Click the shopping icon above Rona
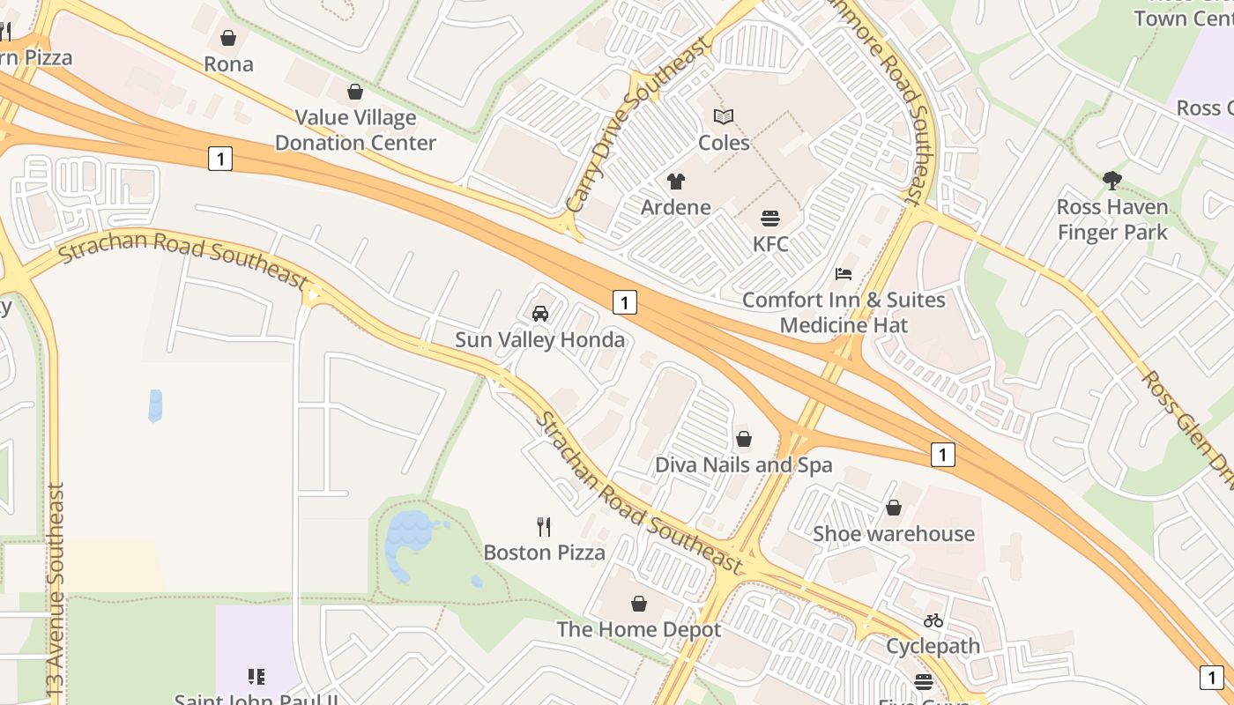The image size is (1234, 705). [x=228, y=38]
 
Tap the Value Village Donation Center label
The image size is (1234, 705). [x=355, y=130]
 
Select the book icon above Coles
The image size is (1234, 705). [x=724, y=116]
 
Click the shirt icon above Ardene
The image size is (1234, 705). [x=676, y=182]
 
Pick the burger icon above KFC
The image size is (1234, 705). [x=770, y=218]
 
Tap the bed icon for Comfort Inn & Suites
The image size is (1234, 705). [x=844, y=274]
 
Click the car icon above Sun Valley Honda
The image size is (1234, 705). [x=540, y=313]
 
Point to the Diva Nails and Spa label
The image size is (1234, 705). [x=743, y=464]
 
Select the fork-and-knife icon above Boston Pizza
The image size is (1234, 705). [x=544, y=527]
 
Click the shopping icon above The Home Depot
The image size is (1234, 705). [x=639, y=604]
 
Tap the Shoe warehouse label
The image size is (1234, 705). [x=893, y=533]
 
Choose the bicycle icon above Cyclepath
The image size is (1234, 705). [x=933, y=620]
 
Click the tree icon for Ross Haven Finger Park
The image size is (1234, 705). [x=1112, y=181]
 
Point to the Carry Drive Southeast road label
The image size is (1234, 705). [x=636, y=125]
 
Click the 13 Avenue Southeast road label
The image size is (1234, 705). [x=56, y=590]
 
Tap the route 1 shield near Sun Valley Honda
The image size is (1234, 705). [x=624, y=302]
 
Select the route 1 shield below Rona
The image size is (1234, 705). [x=220, y=159]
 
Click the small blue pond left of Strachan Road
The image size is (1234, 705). [x=156, y=405]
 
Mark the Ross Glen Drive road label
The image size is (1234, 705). [x=1186, y=423]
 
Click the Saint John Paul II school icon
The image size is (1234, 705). [x=256, y=677]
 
